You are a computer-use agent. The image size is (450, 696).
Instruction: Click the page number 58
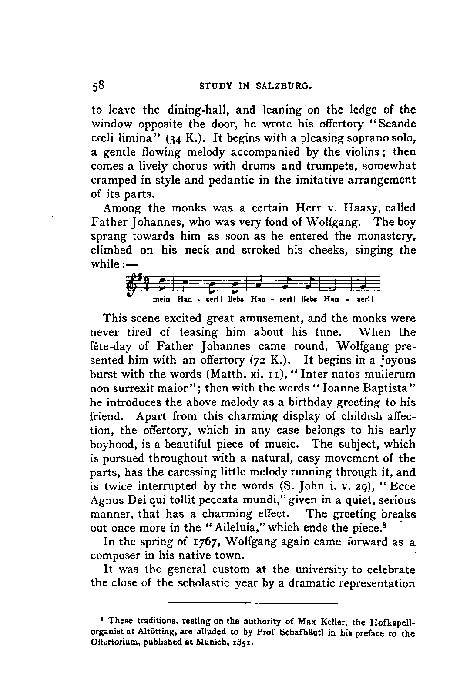[x=96, y=86]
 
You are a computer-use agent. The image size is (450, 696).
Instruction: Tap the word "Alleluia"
[x=228, y=528]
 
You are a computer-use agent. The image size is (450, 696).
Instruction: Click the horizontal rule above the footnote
[x=253, y=603]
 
